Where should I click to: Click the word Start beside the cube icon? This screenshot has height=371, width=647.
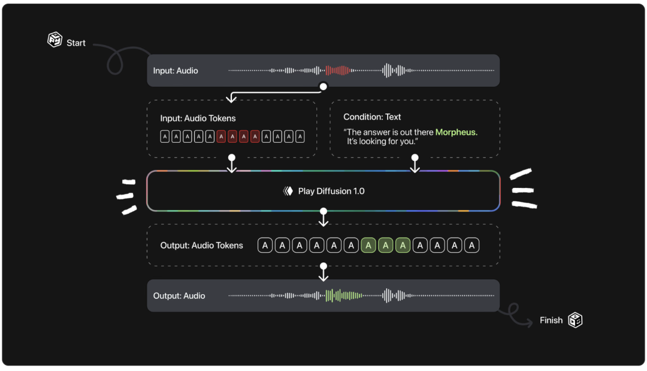(76, 43)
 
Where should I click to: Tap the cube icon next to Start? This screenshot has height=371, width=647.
(55, 40)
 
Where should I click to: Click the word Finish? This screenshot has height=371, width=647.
(551, 321)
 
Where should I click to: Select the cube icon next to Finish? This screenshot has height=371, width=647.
(575, 320)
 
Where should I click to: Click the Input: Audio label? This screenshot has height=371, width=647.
(176, 71)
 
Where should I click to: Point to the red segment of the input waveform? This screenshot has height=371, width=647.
(338, 70)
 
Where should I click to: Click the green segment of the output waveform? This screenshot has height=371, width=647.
(343, 295)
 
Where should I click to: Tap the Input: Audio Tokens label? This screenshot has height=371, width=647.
(198, 118)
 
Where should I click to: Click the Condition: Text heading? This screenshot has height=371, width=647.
(372, 117)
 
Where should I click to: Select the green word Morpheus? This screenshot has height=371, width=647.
(456, 132)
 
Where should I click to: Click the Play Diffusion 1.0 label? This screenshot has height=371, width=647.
(331, 192)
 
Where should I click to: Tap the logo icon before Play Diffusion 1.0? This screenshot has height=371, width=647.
(288, 192)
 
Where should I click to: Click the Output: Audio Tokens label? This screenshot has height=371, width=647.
(202, 245)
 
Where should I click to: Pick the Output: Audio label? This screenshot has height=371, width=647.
(179, 296)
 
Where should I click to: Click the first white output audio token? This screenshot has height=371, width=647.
(265, 245)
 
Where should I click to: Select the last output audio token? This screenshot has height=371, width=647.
(471, 245)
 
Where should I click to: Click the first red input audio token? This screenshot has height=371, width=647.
(222, 137)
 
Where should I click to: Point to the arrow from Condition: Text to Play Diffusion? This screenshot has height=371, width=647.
(415, 164)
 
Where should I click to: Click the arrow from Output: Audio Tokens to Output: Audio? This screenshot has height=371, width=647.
(323, 273)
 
